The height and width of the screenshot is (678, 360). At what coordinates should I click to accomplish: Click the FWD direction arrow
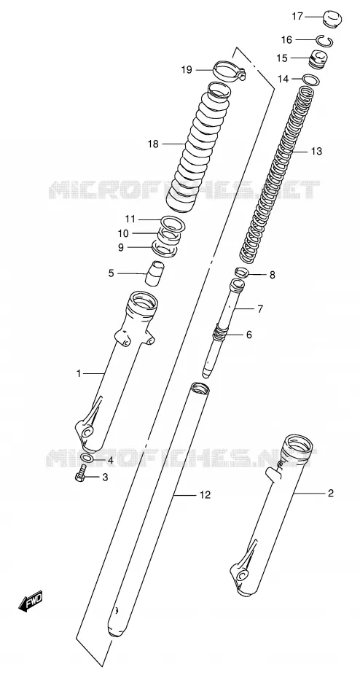tap(31, 601)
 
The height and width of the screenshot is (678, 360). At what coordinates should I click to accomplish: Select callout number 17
tap(297, 17)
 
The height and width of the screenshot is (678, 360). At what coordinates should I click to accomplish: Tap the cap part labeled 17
tap(332, 19)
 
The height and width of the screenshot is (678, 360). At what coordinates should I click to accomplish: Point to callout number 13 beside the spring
tap(316, 152)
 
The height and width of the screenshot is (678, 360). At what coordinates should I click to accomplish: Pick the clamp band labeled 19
tap(230, 71)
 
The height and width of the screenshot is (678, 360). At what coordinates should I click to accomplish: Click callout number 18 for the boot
tap(153, 144)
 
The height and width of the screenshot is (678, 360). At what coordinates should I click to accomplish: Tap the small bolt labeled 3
tap(80, 476)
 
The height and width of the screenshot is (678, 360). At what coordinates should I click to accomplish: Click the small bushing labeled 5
tap(154, 273)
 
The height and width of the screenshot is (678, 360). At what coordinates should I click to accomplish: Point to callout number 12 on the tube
tap(205, 495)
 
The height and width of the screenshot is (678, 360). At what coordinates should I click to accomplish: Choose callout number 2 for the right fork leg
tap(331, 493)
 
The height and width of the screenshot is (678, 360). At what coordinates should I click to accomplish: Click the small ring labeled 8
tap(242, 273)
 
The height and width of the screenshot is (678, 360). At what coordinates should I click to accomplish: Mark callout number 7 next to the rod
tap(260, 309)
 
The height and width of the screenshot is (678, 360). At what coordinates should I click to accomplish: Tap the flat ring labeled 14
tap(311, 80)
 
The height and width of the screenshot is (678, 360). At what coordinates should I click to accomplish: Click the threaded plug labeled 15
tap(320, 58)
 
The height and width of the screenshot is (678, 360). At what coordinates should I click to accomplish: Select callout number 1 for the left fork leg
tap(79, 373)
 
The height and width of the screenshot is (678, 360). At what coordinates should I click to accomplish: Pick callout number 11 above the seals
tap(130, 219)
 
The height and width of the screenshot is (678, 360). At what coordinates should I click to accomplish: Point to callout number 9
tap(120, 247)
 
